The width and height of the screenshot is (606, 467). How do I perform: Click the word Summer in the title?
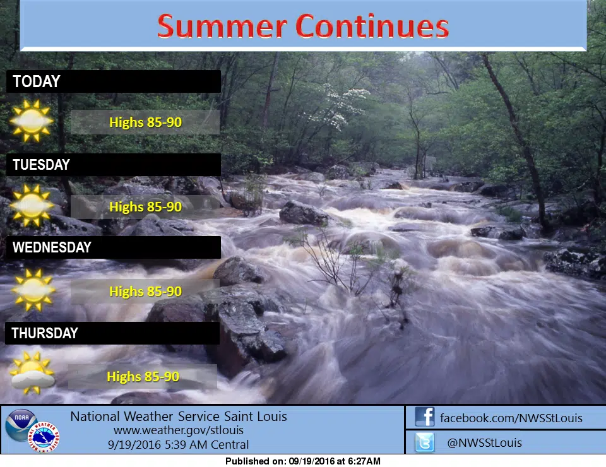pyautogui.click(x=222, y=27)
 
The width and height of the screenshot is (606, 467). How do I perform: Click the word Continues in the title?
pyautogui.click(x=372, y=27)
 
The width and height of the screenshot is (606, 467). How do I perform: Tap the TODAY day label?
pyautogui.click(x=37, y=81)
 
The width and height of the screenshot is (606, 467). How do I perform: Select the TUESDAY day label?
pyautogui.click(x=42, y=165)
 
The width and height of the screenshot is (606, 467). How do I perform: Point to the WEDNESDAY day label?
pyautogui.click(x=52, y=247)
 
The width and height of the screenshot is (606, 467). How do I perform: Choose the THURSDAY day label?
pyautogui.click(x=45, y=333)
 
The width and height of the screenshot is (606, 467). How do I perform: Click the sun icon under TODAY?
pyautogui.click(x=32, y=121)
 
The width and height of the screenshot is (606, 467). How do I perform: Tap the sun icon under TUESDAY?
pyautogui.click(x=32, y=205)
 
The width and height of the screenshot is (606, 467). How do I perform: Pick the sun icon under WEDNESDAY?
pyautogui.click(x=33, y=289)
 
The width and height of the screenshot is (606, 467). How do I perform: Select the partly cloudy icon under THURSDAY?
pyautogui.click(x=32, y=373)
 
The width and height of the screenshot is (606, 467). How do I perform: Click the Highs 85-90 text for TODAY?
pyautogui.click(x=145, y=122)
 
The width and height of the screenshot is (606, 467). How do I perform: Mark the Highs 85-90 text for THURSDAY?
pyautogui.click(x=143, y=376)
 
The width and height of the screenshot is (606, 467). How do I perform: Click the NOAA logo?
pyautogui.click(x=21, y=425)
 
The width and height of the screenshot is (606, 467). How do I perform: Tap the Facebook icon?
pyautogui.click(x=425, y=417)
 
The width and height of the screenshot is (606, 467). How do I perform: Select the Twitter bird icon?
pyautogui.click(x=425, y=442)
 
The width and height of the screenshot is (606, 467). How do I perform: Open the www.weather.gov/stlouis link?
pyautogui.click(x=179, y=430)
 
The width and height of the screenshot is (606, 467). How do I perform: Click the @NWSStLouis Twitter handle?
pyautogui.click(x=484, y=442)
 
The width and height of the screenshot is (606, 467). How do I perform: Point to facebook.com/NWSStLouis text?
pyautogui.click(x=511, y=418)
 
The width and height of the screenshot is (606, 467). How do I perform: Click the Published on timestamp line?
pyautogui.click(x=303, y=461)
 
